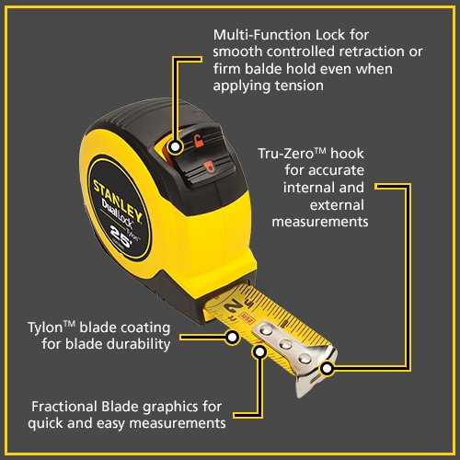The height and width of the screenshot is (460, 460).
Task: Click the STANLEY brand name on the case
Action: pyautogui.click(x=118, y=200)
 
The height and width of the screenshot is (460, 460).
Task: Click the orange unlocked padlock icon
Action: pyautogui.click(x=198, y=141)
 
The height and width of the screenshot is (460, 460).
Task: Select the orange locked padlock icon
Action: pyautogui.click(x=209, y=167)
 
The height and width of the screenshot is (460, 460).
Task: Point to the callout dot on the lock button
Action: pyautogui.click(x=175, y=147)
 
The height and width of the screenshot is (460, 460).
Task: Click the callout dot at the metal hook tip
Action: pyautogui.click(x=328, y=368)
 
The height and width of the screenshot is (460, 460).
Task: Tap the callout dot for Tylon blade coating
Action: pyautogui.click(x=232, y=338)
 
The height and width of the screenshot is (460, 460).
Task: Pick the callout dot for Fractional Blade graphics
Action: pyautogui.click(x=259, y=351)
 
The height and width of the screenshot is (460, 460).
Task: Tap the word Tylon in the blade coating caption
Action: pyautogui.click(x=45, y=328)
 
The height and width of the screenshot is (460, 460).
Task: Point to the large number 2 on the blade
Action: pyautogui.click(x=232, y=305)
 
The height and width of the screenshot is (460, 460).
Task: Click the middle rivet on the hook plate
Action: pyautogui.click(x=286, y=344)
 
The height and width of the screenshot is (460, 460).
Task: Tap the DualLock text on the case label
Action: pyautogui.click(x=118, y=213)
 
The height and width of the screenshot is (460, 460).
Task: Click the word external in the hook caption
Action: pyautogui.click(x=337, y=205)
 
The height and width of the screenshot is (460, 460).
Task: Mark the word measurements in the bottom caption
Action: pyautogui.click(x=178, y=423)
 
